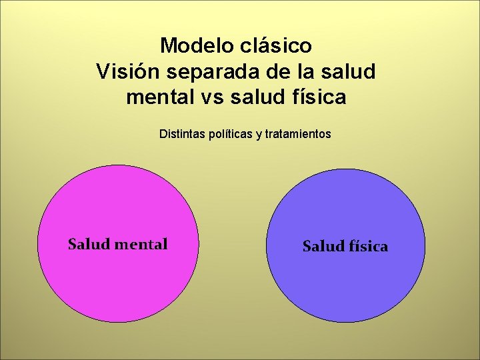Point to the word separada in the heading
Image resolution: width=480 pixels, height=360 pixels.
point(205,71)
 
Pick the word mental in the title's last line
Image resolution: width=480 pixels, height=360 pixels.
point(159,97)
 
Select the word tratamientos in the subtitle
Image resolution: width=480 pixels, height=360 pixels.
point(298,134)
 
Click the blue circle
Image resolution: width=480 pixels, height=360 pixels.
point(345,287)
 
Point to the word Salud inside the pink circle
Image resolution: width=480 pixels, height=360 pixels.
point(89,245)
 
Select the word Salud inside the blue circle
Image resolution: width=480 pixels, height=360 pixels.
point(323,247)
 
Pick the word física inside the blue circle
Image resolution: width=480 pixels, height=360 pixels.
point(367,247)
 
